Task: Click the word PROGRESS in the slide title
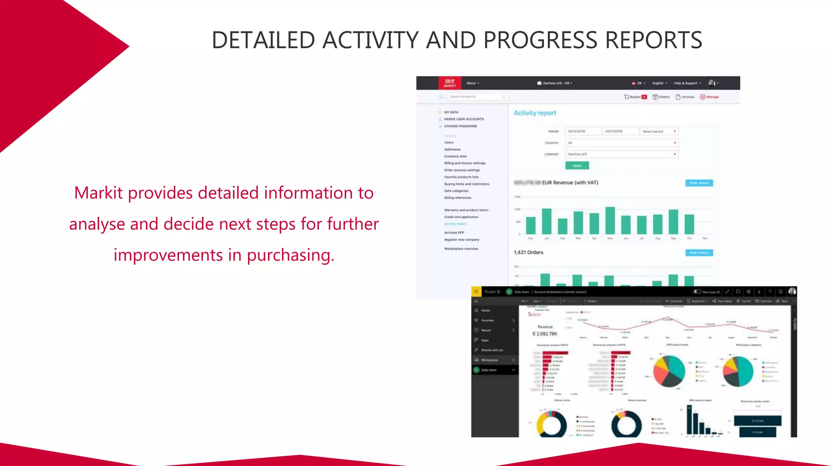pos(540,40)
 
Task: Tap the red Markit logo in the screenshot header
pos(450,83)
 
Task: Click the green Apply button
pos(577,165)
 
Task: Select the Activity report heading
pos(535,113)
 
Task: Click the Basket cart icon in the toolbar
pos(627,97)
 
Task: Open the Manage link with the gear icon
pos(709,97)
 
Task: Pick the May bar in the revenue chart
pos(610,220)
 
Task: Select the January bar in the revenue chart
pos(546,221)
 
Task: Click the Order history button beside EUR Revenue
pos(699,183)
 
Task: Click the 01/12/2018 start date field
pos(582,131)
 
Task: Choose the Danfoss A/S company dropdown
pos(621,154)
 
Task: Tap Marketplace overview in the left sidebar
pos(461,249)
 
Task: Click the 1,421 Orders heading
pos(528,252)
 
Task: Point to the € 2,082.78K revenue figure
pos(545,334)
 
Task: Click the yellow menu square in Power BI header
pos(476,292)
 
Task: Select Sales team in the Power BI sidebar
pos(489,370)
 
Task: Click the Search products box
pos(477,97)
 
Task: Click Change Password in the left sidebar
pos(460,126)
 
